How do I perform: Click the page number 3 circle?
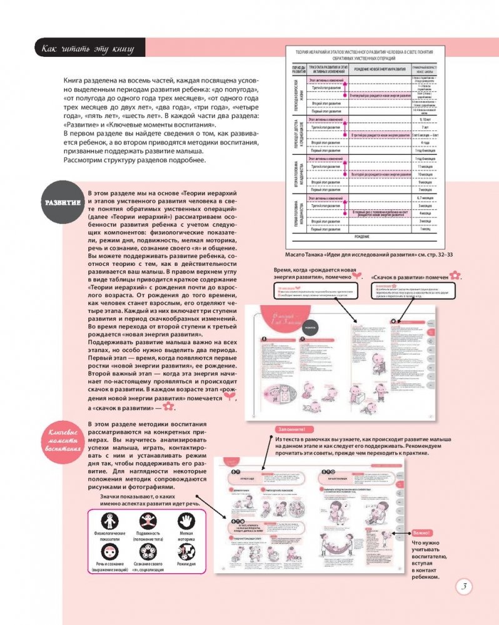click(466, 586)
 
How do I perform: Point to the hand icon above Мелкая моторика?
click(186, 520)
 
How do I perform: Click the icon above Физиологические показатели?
click(109, 520)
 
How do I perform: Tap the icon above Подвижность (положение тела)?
click(149, 520)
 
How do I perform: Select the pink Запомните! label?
click(290, 430)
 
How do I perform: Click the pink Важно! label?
click(422, 533)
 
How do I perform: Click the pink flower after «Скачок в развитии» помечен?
click(456, 275)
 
